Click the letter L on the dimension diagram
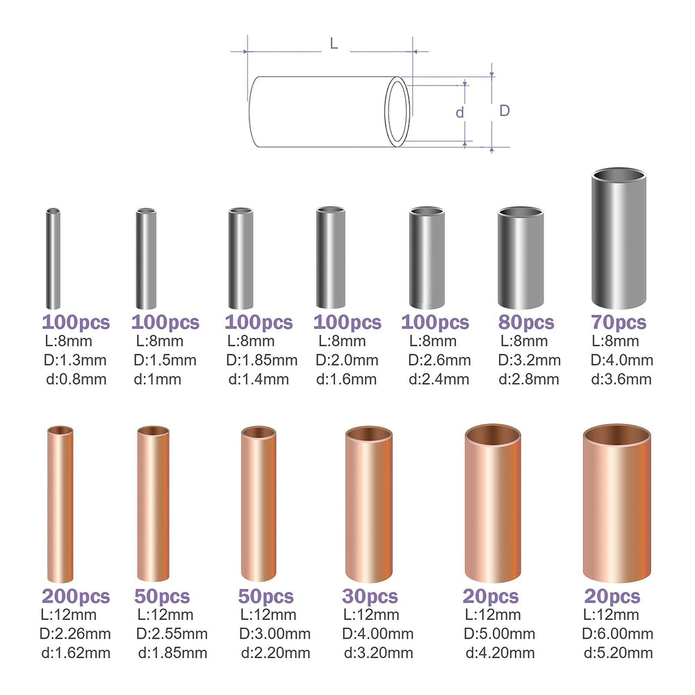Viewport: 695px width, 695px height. click(334, 43)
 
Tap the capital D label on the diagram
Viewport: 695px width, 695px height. click(505, 111)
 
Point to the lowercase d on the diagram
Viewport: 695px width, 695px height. click(459, 113)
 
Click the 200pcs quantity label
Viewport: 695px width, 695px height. click(76, 596)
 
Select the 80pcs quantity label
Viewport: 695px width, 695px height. click(526, 322)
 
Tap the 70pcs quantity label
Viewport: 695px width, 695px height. click(618, 322)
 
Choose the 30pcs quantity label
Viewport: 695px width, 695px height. click(370, 596)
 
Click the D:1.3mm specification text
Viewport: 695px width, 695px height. click(76, 360)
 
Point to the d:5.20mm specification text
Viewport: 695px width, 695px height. click(618, 652)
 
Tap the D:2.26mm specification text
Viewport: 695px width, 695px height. click(76, 633)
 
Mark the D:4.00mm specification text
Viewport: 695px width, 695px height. click(377, 633)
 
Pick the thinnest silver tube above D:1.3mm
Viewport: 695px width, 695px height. click(53, 258)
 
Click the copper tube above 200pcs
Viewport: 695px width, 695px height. click(60, 505)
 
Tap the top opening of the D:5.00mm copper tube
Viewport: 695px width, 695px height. click(492, 434)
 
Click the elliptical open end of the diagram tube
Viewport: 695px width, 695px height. click(398, 112)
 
